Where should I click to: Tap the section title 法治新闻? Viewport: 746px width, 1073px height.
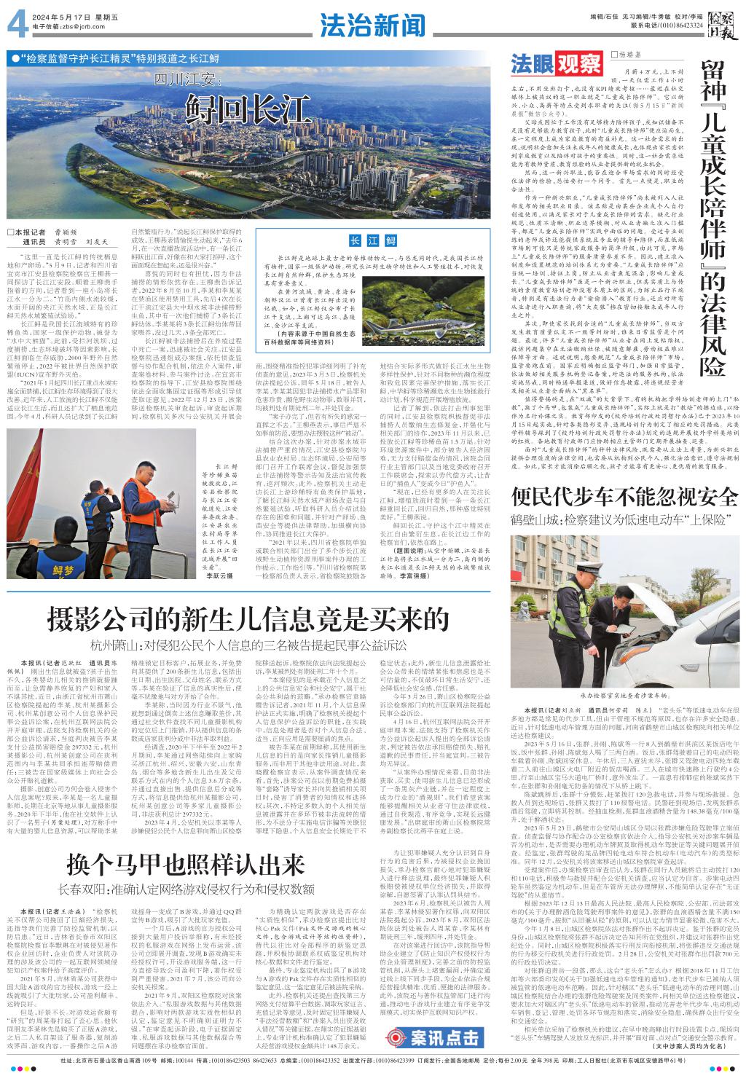click(x=372, y=26)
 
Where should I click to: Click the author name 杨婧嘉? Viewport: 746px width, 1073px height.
click(x=634, y=55)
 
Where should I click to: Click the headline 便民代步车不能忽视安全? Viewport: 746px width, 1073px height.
click(x=626, y=498)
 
